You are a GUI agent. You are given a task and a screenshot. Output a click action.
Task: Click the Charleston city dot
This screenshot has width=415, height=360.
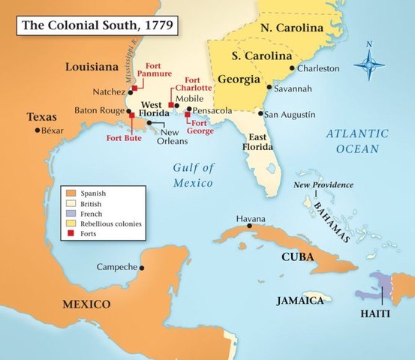(x=291, y=67)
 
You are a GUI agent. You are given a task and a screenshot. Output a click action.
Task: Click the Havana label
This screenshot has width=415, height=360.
(x=251, y=218)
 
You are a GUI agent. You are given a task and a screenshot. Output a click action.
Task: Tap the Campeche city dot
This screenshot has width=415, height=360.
(x=142, y=267)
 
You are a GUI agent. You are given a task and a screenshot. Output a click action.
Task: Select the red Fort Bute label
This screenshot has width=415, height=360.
(x=124, y=137)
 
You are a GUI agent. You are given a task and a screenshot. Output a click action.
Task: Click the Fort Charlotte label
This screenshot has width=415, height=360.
(x=198, y=83)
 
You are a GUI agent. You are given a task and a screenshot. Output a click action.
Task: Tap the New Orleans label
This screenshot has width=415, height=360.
(x=173, y=136)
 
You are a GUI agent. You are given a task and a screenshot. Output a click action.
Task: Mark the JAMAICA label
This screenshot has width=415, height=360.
(x=304, y=300)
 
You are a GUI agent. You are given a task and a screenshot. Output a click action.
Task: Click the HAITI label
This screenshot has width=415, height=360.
(x=374, y=313)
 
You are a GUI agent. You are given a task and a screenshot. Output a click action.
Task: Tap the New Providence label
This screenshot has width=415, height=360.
(x=323, y=184)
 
